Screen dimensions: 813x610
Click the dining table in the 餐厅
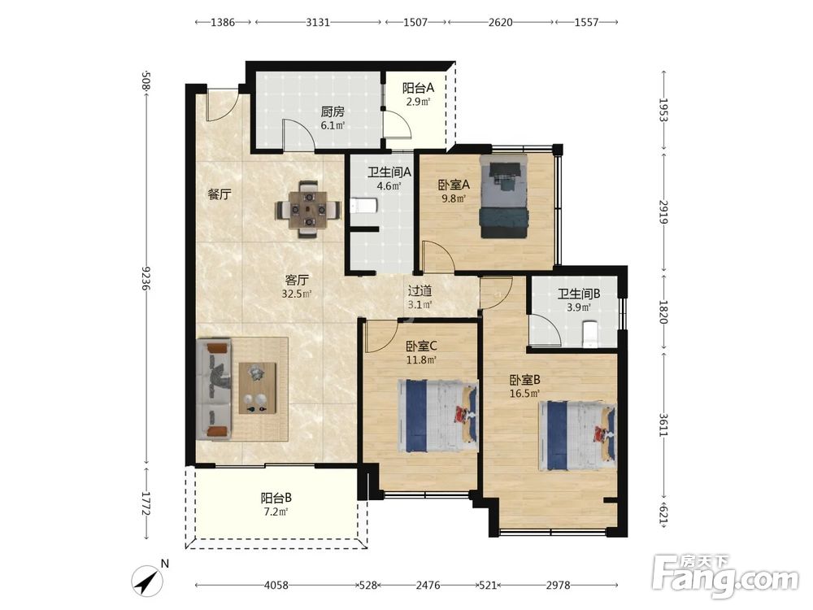(308, 210)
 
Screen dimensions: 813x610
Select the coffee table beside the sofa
(257, 388)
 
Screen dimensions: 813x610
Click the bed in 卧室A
(503, 196)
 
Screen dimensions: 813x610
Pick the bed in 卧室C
(437, 416)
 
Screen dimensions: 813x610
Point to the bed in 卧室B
(577, 435)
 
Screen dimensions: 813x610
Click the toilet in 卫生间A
(363, 207)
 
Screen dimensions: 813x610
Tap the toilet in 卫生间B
(590, 334)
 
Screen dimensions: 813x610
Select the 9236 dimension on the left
(146, 278)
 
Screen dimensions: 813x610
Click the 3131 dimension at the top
(318, 22)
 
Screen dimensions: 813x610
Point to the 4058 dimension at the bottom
(276, 585)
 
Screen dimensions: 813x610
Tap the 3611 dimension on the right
(663, 425)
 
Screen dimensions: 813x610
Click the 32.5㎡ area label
(297, 294)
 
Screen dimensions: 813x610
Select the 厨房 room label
(333, 112)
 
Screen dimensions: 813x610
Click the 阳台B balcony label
(276, 499)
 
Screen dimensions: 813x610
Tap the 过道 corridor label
(420, 291)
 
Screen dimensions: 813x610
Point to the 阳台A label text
(419, 88)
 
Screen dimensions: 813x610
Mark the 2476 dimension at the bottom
(428, 585)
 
